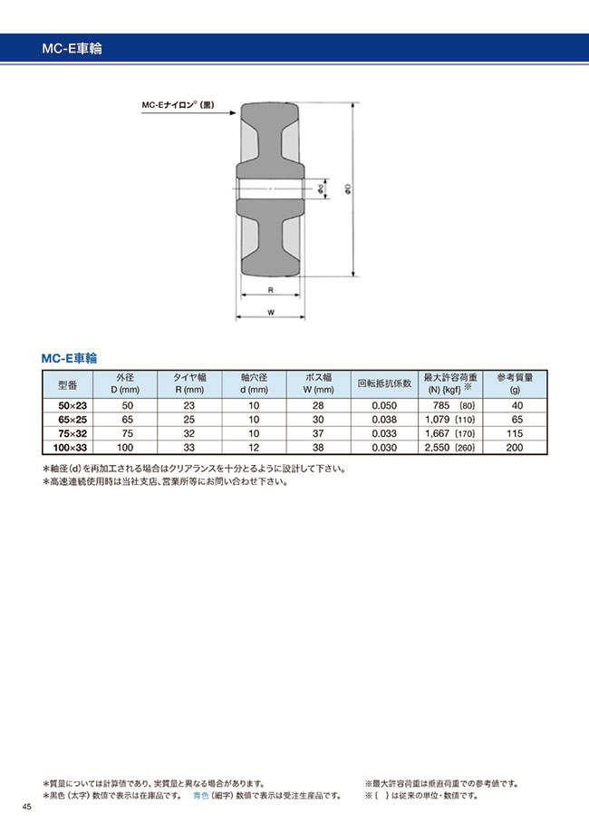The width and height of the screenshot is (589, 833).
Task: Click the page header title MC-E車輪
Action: (x=72, y=49)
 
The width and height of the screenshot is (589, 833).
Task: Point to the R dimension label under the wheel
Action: (x=271, y=291)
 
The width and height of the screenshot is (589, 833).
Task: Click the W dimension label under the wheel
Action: (x=271, y=313)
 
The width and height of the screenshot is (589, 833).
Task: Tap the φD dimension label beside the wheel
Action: (x=348, y=189)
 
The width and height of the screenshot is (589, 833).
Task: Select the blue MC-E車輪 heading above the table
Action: (x=69, y=358)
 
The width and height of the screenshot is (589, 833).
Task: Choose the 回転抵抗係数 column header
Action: (x=384, y=383)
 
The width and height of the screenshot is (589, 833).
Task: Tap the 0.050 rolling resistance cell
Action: (x=384, y=407)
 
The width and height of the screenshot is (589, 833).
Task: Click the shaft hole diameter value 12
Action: (x=253, y=448)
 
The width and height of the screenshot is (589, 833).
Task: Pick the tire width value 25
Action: (x=188, y=421)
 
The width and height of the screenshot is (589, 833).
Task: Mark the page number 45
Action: (x=27, y=808)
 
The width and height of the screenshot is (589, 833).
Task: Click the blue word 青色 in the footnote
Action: (x=203, y=795)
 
